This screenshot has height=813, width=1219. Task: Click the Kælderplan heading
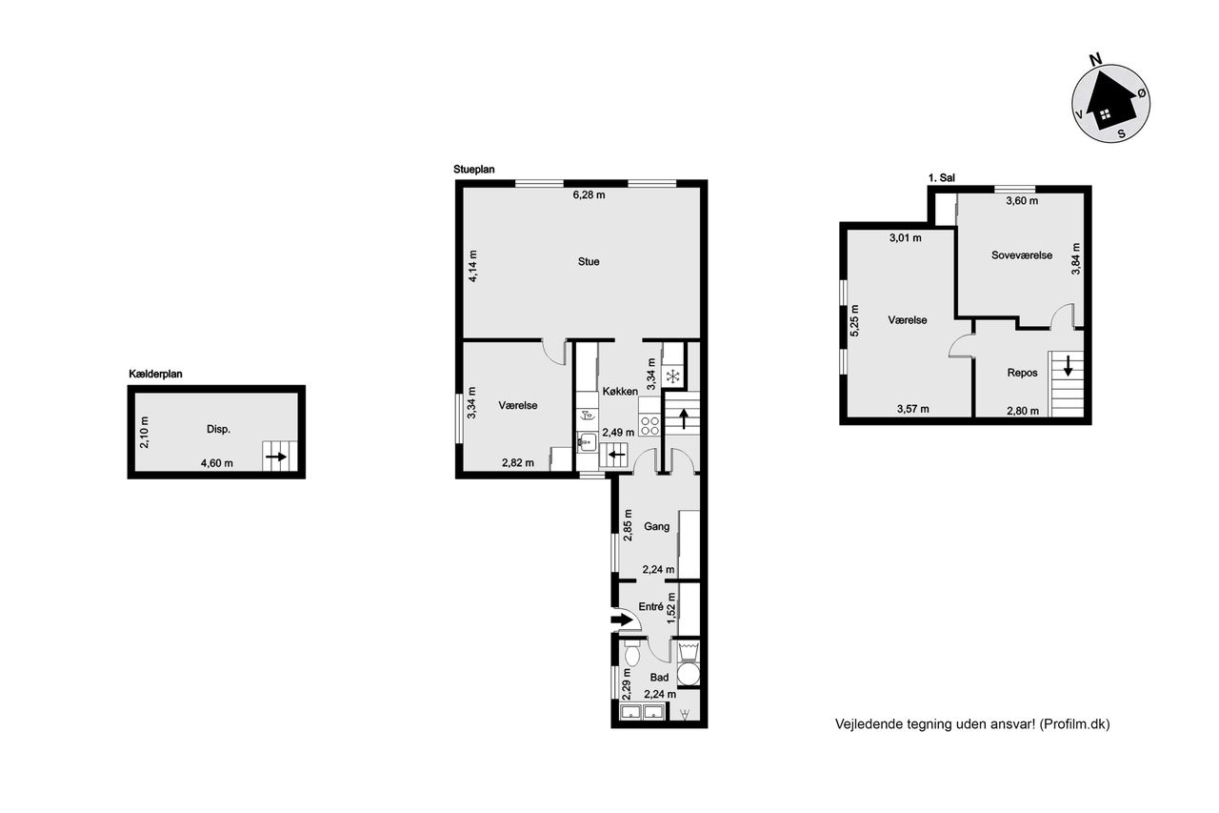155,375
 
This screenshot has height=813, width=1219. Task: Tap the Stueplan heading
474,170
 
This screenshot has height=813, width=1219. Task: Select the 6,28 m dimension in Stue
589,195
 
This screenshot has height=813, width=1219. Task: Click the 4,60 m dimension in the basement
216,463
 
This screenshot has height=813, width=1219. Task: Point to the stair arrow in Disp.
276,457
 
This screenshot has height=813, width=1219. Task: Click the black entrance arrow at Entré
621,620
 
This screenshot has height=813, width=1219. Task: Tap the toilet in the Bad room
631,654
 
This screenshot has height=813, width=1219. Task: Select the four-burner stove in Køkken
649,425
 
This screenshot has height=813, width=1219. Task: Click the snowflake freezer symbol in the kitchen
673,376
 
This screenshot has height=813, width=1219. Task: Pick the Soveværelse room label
1022,255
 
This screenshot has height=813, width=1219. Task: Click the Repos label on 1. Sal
1022,373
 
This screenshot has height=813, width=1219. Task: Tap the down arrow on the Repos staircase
1068,365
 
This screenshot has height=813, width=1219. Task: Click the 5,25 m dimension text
854,320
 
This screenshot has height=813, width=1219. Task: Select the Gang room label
656,526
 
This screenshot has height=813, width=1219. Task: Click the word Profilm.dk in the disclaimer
1075,724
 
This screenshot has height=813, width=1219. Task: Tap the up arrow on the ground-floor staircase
683,418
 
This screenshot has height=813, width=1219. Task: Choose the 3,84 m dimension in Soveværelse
1076,258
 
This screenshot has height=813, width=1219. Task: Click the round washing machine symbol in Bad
689,674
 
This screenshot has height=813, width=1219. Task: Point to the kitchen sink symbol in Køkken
587,442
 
